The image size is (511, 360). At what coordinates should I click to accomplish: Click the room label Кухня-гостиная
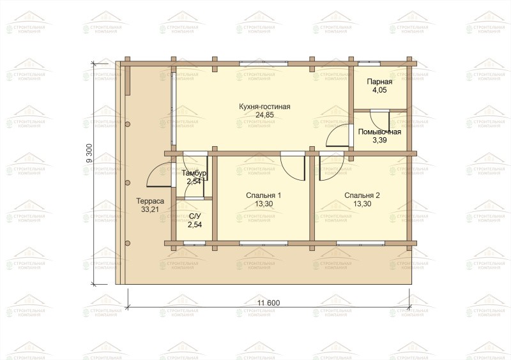click(264, 107)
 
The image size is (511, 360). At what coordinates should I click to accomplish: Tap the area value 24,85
click(264, 115)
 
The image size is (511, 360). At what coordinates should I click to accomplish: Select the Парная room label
click(379, 82)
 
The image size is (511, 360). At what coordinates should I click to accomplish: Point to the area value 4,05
click(379, 90)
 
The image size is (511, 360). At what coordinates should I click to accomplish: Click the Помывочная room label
click(379, 132)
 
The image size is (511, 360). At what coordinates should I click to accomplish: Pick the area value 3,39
click(379, 140)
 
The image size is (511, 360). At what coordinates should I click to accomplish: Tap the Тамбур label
click(194, 174)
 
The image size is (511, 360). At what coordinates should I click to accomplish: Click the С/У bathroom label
click(195, 216)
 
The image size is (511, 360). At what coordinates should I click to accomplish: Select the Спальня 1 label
click(264, 195)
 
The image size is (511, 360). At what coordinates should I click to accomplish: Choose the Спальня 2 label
click(362, 195)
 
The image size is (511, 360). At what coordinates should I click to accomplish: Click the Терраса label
click(150, 201)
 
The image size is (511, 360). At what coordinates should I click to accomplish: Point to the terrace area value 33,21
click(150, 209)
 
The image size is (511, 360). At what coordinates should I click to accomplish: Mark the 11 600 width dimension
click(268, 303)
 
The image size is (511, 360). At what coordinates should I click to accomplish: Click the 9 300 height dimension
click(90, 154)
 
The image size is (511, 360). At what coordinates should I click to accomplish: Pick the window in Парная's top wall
click(369, 64)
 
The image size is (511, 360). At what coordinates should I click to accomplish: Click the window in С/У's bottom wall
click(195, 243)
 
